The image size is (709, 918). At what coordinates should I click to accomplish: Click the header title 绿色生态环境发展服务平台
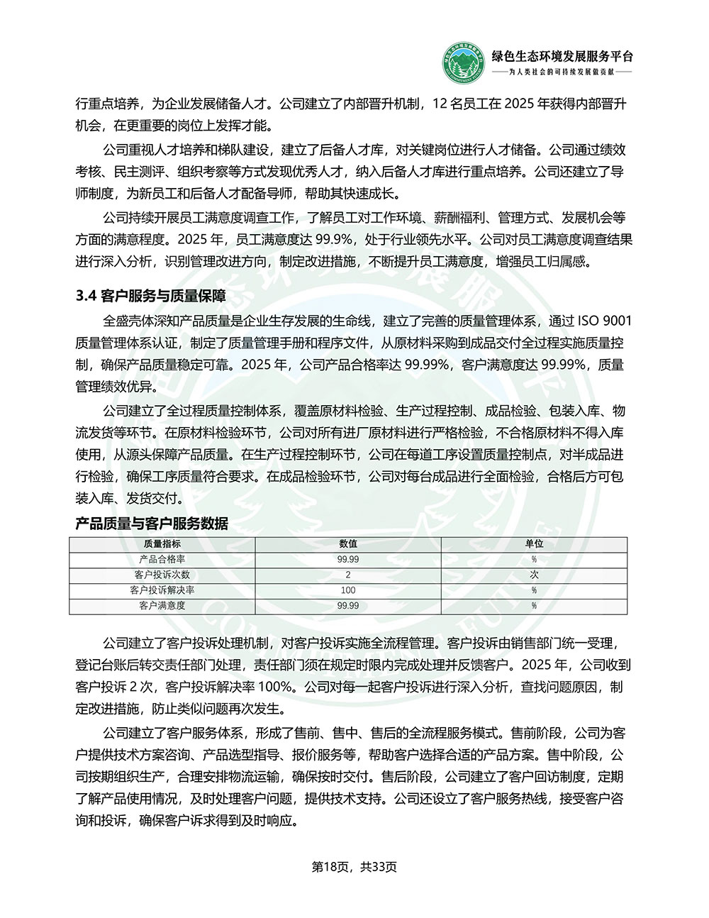tap(562, 57)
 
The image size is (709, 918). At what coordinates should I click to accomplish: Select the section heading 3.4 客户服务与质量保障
tap(150, 297)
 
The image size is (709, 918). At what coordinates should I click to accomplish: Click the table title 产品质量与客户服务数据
tap(152, 524)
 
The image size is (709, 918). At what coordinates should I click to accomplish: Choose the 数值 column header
tap(347, 543)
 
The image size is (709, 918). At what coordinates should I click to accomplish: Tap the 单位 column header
tap(534, 543)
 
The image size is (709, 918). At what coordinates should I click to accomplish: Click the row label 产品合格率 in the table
tap(162, 559)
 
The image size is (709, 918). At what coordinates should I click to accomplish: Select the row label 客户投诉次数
tap(162, 575)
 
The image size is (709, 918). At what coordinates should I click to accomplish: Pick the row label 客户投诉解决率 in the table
tap(162, 590)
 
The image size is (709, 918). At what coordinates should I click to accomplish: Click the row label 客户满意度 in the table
tap(162, 606)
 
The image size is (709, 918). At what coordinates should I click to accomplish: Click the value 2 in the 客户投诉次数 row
tap(347, 575)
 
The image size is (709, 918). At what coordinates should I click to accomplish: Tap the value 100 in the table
tap(347, 590)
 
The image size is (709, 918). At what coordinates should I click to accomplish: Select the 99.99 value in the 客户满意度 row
tap(347, 606)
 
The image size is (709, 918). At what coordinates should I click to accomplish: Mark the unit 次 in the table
tap(534, 575)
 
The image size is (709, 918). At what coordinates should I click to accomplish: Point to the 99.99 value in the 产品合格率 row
tap(347, 559)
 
